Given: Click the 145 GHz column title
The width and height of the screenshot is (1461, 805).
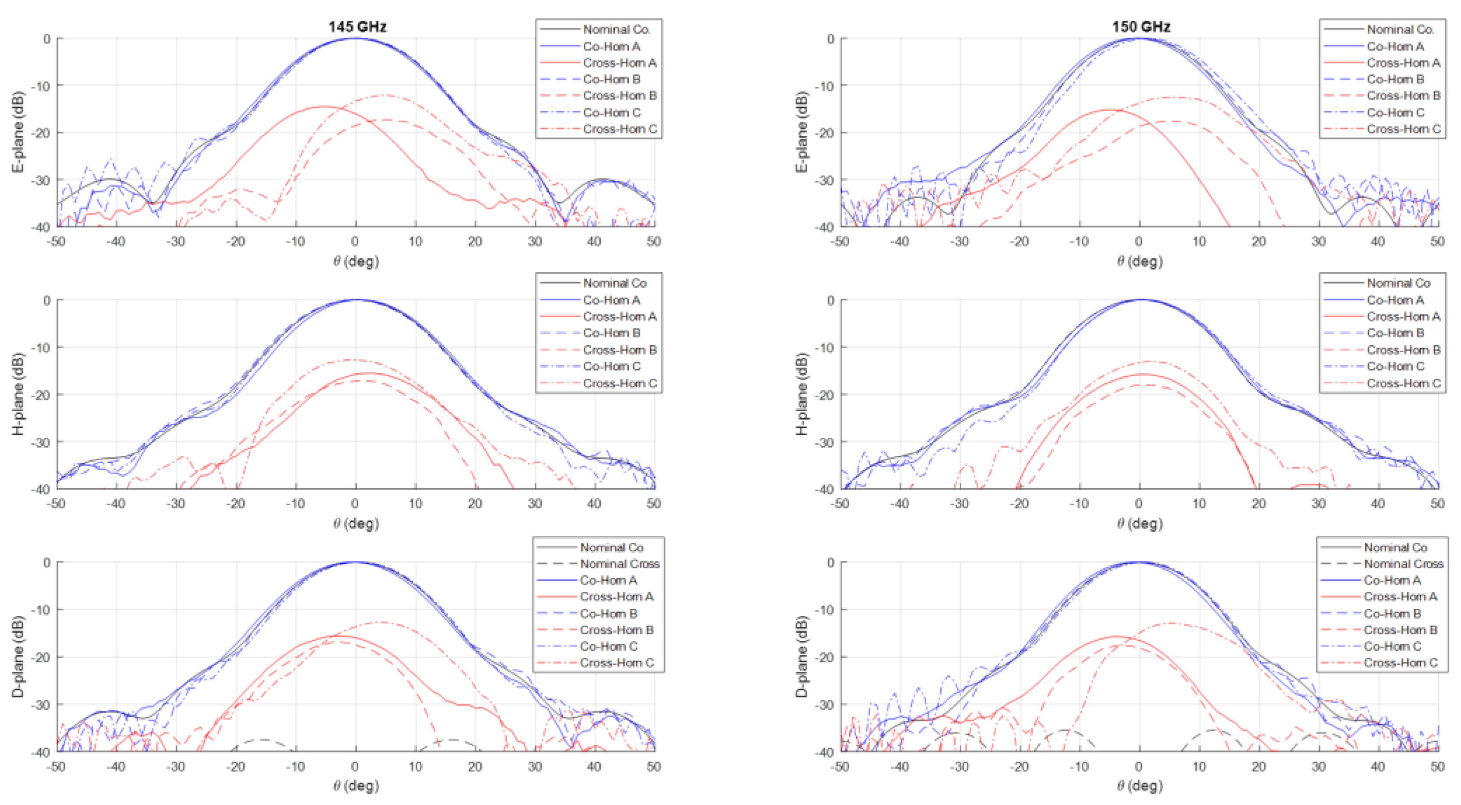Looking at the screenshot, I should (357, 27).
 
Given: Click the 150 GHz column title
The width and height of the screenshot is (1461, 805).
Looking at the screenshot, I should (1141, 27).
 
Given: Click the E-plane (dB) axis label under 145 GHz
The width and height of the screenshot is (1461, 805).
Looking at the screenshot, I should (18, 132).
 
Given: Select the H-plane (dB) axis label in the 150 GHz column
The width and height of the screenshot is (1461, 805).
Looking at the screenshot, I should (801, 394).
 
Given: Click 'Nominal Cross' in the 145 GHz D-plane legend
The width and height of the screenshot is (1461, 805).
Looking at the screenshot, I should (619, 564).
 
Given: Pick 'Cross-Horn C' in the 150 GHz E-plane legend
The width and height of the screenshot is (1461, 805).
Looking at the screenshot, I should (1403, 129).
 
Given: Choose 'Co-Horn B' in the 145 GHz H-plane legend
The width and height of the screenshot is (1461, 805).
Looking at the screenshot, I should (611, 333).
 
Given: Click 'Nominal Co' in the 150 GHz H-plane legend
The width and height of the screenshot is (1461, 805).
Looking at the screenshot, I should (1398, 283).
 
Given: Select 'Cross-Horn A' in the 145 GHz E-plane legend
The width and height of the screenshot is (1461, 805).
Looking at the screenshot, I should (619, 63).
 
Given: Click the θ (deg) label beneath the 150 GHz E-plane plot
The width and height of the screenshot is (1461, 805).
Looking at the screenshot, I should (1140, 262).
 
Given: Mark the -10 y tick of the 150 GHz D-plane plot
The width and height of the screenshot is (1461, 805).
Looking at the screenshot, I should (826, 610).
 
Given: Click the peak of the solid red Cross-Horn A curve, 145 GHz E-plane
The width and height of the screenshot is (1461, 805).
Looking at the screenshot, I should (323, 106).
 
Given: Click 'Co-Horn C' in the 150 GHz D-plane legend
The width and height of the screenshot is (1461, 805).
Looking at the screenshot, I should (1392, 646).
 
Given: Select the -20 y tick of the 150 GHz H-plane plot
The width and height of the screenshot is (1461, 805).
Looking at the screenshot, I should (826, 394).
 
